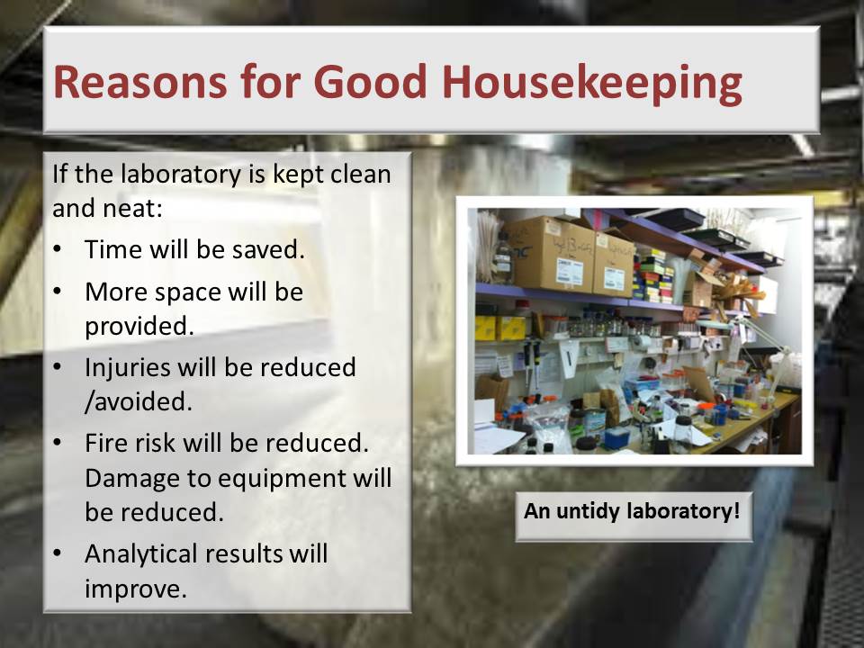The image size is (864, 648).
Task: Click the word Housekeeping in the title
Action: click(592, 83)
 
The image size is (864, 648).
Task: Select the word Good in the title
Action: click(370, 82)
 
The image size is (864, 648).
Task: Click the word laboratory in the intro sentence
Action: click(181, 175)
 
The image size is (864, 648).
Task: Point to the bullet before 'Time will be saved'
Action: click(58, 248)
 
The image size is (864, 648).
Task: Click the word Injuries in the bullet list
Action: click(127, 367)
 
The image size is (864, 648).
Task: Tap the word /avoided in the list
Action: click(139, 401)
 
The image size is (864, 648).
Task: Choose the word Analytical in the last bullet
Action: click(141, 553)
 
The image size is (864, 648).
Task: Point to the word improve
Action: click(136, 589)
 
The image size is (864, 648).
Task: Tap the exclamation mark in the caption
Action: click(736, 510)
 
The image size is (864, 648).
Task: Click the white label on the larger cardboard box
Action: click(569, 272)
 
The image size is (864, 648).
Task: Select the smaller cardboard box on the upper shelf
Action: click(612, 265)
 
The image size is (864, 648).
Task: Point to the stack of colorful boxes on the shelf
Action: click(653, 275)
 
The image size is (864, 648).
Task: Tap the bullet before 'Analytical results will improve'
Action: click(58, 553)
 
